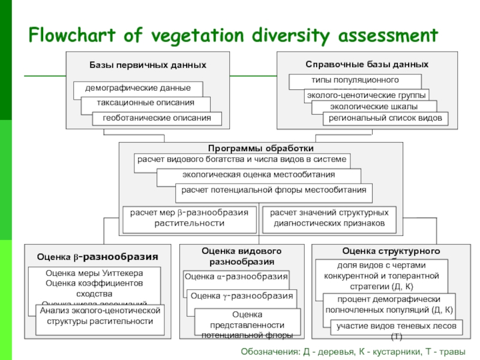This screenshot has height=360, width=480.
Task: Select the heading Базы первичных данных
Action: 148,64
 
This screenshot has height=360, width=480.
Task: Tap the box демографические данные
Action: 137,88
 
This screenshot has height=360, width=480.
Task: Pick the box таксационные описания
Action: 146,103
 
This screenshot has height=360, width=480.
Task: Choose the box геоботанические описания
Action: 157,118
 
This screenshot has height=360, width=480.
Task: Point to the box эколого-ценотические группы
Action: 367,95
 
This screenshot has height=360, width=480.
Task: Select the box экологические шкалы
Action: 374,107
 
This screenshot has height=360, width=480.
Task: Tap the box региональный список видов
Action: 385,118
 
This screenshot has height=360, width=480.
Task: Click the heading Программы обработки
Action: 260,148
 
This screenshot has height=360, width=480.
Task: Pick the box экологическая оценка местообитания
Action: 259,175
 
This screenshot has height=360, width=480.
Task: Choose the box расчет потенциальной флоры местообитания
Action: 274,191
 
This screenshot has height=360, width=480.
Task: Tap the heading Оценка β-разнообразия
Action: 97,256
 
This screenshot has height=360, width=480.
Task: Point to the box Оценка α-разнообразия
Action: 236,277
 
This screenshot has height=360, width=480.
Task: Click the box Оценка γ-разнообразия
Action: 242,296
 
